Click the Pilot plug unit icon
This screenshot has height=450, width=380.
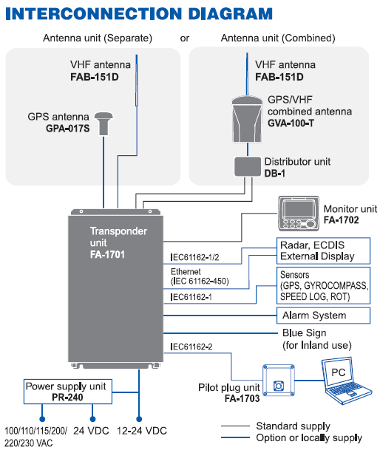click(x=279, y=383)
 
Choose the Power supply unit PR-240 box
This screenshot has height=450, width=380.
click(x=66, y=391)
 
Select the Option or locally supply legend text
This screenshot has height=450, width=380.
click(x=309, y=438)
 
